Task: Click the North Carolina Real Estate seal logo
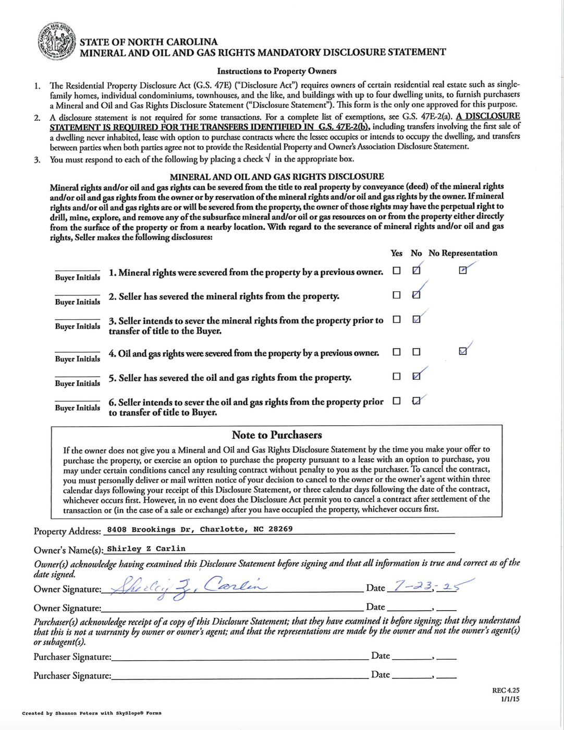tap(56, 42)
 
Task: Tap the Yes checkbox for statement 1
tap(397, 271)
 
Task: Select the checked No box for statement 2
tap(416, 295)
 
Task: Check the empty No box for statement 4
tap(416, 352)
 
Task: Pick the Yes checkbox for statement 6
tap(397, 401)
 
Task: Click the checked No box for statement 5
tap(416, 376)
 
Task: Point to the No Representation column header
tap(463, 253)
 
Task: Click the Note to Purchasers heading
tap(277, 435)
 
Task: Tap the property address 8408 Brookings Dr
tap(200, 529)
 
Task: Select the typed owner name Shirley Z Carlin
tap(146, 549)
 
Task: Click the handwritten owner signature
tap(188, 588)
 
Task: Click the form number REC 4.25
tap(505, 690)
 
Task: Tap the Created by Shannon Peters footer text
tap(92, 713)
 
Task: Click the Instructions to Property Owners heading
tap(277, 71)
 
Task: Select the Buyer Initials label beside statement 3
tap(78, 327)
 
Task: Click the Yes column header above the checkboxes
tap(396, 253)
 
